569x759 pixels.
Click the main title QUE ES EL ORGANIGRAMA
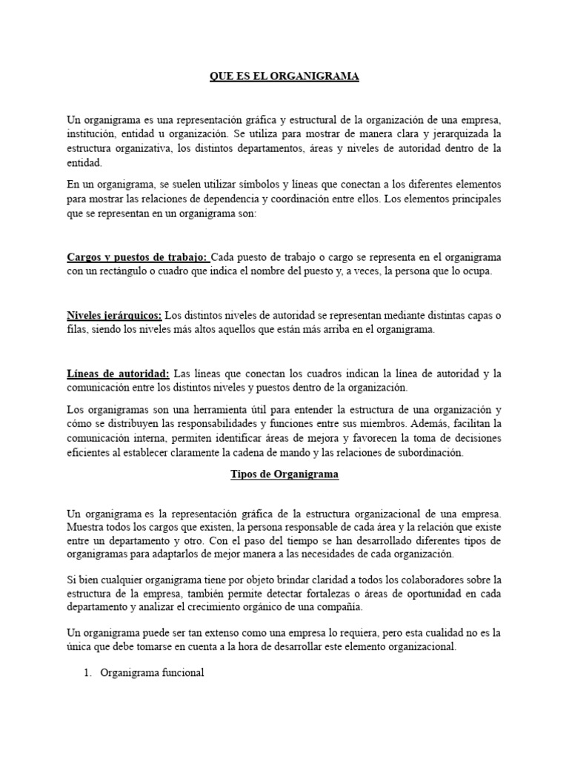[x=284, y=77]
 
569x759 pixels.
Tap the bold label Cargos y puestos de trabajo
[x=138, y=257]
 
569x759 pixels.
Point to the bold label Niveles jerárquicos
[x=114, y=315]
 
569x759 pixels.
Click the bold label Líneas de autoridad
[x=119, y=373]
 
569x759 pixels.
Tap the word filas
[x=76, y=330]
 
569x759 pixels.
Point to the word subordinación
[x=429, y=454]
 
